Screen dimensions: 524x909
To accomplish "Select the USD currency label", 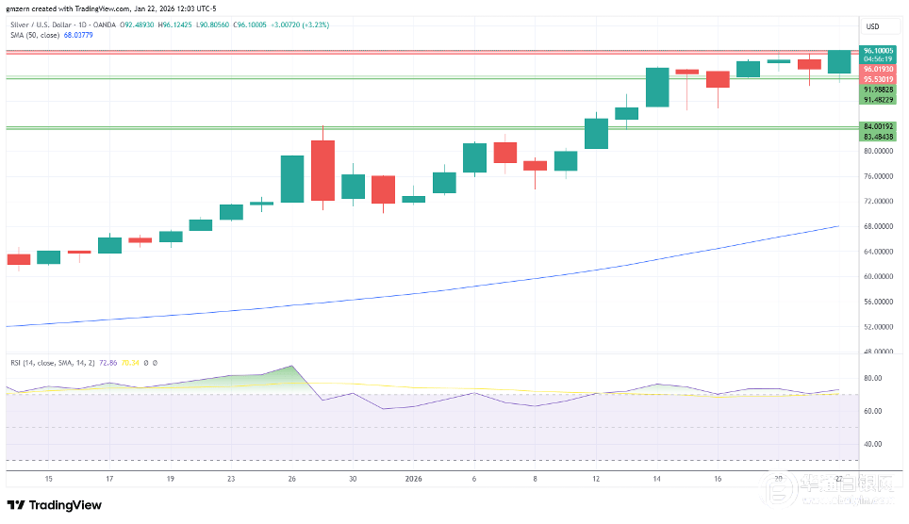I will tap(872, 26).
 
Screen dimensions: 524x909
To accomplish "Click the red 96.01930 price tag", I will tap(878, 69).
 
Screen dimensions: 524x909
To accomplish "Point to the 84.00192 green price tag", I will tap(878, 126).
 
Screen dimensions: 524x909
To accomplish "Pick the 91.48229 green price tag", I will tap(878, 99).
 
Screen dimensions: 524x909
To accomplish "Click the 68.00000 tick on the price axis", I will tap(878, 226).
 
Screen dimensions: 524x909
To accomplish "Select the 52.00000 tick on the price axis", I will tap(878, 327).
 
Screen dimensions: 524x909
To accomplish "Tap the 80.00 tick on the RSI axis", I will tap(872, 378).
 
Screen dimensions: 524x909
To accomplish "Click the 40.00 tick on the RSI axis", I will tap(872, 444).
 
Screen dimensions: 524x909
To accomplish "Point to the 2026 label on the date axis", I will tap(413, 479).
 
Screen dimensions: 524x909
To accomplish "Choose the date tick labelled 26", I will tap(292, 479).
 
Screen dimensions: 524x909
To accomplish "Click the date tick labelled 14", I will tap(656, 479).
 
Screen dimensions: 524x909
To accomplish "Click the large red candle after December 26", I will tap(322, 170).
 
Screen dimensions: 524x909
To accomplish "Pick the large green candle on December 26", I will tap(292, 179).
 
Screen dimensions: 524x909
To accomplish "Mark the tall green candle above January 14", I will tap(657, 87).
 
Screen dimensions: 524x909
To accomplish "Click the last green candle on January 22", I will tap(838, 62).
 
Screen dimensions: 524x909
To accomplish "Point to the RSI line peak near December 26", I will tap(293, 366).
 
